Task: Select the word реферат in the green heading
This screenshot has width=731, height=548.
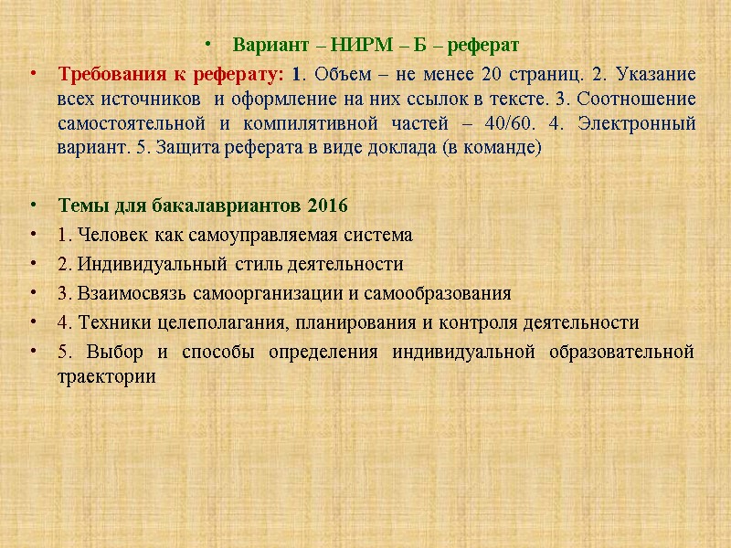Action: tap(485, 45)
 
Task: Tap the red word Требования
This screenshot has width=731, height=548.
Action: tap(108, 74)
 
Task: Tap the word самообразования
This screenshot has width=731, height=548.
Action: tap(437, 294)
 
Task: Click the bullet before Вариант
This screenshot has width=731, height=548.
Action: tap(211, 45)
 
